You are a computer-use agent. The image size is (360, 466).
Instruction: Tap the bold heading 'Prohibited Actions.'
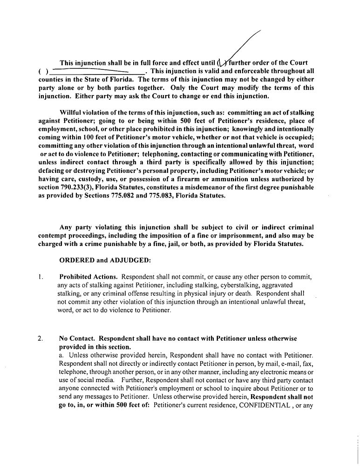(86, 277)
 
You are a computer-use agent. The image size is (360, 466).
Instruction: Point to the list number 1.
(41, 277)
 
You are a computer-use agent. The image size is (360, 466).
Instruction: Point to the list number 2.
(41, 338)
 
